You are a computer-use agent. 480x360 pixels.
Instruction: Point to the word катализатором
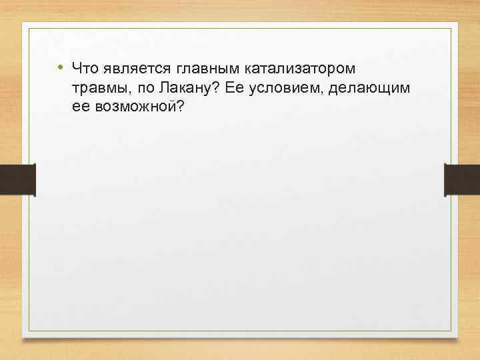point(300,69)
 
